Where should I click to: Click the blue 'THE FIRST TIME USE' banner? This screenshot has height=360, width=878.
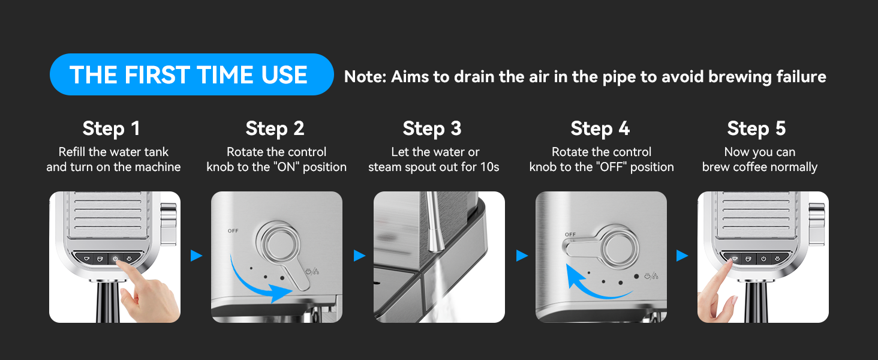(x=192, y=74)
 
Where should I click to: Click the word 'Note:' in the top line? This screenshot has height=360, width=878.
(x=365, y=77)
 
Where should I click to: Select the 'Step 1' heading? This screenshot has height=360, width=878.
(x=112, y=128)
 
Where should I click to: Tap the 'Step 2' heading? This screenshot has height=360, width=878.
(x=275, y=128)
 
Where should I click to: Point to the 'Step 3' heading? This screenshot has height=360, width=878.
(x=432, y=128)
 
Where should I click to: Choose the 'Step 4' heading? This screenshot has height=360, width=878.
(x=600, y=128)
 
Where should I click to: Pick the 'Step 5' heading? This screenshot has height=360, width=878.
(x=756, y=128)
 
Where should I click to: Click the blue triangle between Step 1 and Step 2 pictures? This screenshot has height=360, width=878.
(x=196, y=256)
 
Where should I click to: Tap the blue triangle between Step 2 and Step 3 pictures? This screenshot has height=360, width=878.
(x=359, y=256)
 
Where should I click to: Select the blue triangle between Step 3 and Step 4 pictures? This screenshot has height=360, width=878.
(x=522, y=256)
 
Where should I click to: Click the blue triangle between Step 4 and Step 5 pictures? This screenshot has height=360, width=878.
(x=682, y=256)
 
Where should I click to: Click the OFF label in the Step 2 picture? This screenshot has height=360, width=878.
(x=233, y=230)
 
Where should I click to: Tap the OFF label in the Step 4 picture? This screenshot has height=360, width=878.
(x=570, y=235)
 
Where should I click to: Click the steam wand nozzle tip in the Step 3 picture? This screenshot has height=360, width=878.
(x=435, y=247)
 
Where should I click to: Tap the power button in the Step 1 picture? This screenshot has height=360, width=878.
(x=115, y=259)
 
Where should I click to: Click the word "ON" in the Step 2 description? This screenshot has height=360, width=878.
(x=286, y=167)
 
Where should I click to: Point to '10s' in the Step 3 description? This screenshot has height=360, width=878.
(x=489, y=167)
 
